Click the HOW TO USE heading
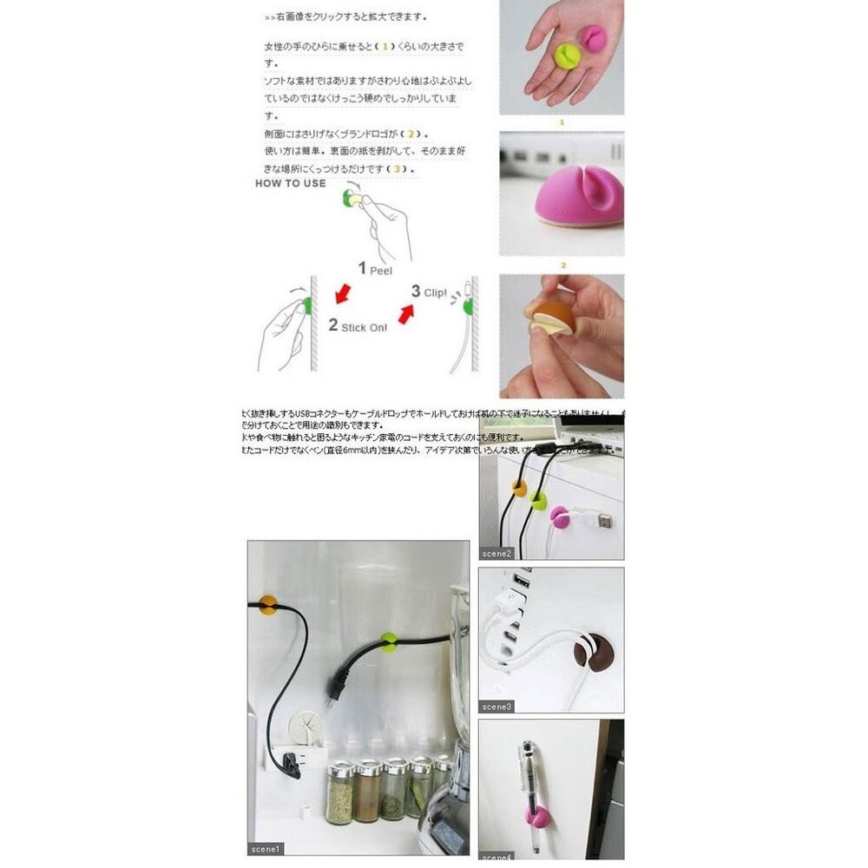[x=290, y=183]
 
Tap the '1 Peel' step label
[x=375, y=269]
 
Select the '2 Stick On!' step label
[x=358, y=325]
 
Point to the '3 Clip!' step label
[x=428, y=292]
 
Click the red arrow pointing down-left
[x=345, y=295]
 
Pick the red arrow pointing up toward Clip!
[x=404, y=312]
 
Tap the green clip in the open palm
[x=567, y=58]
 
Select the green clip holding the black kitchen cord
[x=388, y=642]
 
